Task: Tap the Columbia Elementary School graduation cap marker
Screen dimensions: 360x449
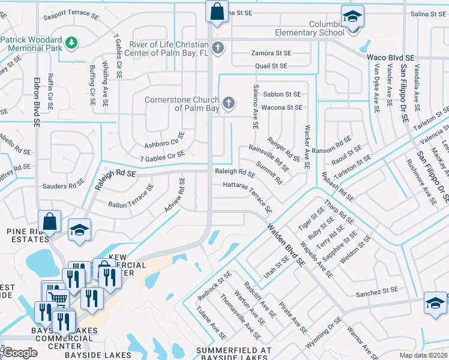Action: coord(353,17)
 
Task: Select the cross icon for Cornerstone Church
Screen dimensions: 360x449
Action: coord(228,104)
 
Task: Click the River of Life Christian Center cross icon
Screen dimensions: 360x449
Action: coord(218,47)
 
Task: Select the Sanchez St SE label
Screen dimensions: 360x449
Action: coord(376,292)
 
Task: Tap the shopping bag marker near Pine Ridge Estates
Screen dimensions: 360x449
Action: coord(50,222)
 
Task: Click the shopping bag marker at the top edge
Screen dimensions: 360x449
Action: coord(216,11)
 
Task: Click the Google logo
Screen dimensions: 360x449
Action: coord(20,353)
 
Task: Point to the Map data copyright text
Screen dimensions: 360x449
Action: coord(423,355)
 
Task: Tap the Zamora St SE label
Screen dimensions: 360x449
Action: coord(270,53)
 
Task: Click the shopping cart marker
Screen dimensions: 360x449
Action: coord(57,297)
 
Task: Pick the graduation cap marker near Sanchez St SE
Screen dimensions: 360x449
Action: coord(435,303)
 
